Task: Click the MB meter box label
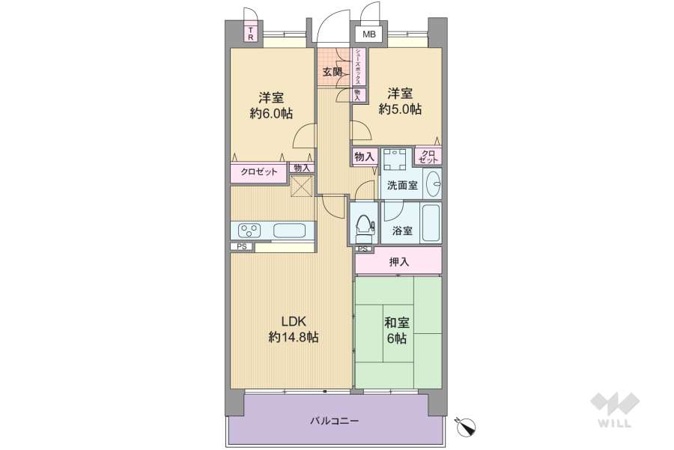[x=368, y=34]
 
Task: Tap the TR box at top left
[x=252, y=34]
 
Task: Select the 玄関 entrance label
[x=333, y=73]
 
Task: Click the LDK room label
[x=294, y=321]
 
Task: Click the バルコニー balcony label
[x=335, y=421]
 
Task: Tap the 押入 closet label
[x=399, y=262]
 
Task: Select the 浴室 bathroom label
[x=402, y=231]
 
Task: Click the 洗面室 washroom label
[x=402, y=186]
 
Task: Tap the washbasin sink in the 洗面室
[x=433, y=183]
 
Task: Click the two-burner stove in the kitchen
[x=249, y=230]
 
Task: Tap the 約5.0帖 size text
[x=399, y=109]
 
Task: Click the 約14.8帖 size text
[x=294, y=338]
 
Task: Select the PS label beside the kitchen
[x=241, y=246]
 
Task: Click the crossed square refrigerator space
[x=301, y=185]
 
